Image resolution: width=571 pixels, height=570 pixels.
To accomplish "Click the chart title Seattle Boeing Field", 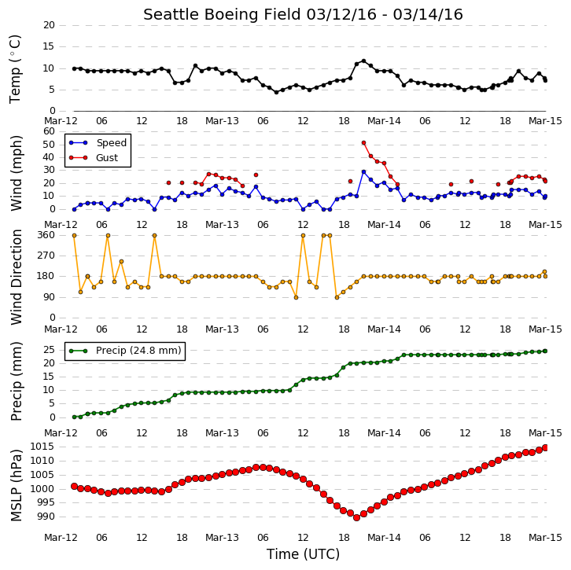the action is [x=222, y=15].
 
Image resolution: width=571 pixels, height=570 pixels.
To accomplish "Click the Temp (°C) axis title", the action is [x=15, y=69].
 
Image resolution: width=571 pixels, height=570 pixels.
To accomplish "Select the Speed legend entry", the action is [x=98, y=142].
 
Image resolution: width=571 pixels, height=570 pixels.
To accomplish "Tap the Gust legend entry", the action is [x=94, y=157].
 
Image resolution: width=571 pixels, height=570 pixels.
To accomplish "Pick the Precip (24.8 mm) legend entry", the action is [x=125, y=351].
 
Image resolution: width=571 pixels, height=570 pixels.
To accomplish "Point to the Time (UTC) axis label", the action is [x=303, y=554].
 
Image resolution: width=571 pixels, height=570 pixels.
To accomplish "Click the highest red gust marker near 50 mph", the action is [x=364, y=143].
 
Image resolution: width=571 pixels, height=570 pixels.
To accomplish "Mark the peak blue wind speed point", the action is [x=364, y=172].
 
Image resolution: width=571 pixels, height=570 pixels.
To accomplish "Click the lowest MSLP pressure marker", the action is [x=357, y=517].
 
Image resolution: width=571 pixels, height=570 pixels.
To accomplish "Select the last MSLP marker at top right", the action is [x=545, y=447].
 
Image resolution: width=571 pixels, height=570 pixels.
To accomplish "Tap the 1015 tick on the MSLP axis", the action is [x=42, y=447].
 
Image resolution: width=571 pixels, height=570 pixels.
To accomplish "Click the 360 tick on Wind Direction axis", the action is [x=46, y=235].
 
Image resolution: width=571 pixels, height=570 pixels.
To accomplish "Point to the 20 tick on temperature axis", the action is [x=49, y=25].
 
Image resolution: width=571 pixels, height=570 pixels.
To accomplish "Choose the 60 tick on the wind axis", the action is [x=49, y=131].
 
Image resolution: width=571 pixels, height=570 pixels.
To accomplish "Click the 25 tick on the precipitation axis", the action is [x=49, y=350].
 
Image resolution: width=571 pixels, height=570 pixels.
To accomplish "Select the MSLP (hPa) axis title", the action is [x=16, y=485].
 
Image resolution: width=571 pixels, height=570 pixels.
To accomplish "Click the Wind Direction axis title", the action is [x=16, y=277].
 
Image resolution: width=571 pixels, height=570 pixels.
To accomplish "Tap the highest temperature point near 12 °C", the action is [x=364, y=61].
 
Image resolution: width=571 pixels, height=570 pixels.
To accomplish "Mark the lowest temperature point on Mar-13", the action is [x=276, y=93].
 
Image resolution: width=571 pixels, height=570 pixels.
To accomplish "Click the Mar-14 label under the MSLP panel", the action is [x=384, y=538].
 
